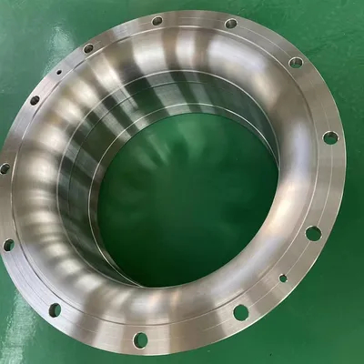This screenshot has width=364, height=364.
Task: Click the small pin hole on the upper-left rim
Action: [58, 68]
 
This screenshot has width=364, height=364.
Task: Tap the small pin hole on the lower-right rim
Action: [283, 278]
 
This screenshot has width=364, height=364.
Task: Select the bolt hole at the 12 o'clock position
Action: [157, 20]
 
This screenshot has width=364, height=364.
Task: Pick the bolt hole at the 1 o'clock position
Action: [230, 24]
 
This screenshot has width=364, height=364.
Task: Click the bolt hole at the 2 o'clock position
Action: [296, 63]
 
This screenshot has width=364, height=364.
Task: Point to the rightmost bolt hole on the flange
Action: [330, 137]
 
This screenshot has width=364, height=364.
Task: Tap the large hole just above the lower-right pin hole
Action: [313, 233]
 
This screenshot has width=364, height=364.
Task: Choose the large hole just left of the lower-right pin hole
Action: [241, 312]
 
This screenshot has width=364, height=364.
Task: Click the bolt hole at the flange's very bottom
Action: [141, 339]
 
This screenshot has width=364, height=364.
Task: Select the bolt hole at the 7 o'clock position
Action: [55, 309]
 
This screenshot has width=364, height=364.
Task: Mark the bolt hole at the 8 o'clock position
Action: [9, 245]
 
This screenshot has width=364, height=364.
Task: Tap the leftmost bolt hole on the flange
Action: [5, 168]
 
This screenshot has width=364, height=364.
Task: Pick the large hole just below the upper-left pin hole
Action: [35, 100]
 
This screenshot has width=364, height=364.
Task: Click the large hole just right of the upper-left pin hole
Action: [88, 48]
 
